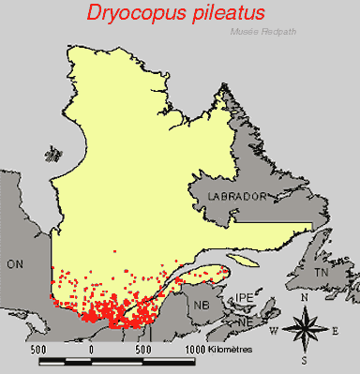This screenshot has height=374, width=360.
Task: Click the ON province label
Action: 16,265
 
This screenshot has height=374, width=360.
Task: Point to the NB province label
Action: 202,304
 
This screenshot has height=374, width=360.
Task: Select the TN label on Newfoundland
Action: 322,272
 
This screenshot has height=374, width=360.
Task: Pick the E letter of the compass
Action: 335,329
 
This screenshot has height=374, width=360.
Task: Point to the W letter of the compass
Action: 273,329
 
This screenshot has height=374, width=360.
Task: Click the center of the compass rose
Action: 304,328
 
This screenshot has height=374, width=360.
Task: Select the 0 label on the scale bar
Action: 91,349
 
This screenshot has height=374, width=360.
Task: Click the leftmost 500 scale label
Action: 38,349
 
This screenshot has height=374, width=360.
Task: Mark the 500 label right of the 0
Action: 143,349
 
